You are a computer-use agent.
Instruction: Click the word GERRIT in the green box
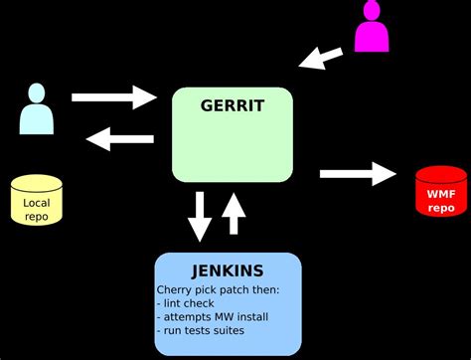pyautogui.click(x=233, y=105)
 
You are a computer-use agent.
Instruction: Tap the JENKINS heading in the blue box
pyautogui.click(x=228, y=271)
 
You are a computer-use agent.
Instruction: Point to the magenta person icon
pyautogui.click(x=372, y=28)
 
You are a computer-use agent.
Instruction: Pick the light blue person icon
pyautogui.click(x=36, y=109)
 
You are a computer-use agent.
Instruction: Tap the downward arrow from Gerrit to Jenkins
pyautogui.click(x=200, y=216)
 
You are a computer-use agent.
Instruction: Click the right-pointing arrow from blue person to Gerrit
pyautogui.click(x=114, y=97)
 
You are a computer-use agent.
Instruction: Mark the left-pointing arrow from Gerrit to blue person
pyautogui.click(x=119, y=138)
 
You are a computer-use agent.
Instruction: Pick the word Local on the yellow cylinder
pyautogui.click(x=36, y=202)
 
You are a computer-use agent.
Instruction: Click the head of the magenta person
pyautogui.click(x=372, y=10)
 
